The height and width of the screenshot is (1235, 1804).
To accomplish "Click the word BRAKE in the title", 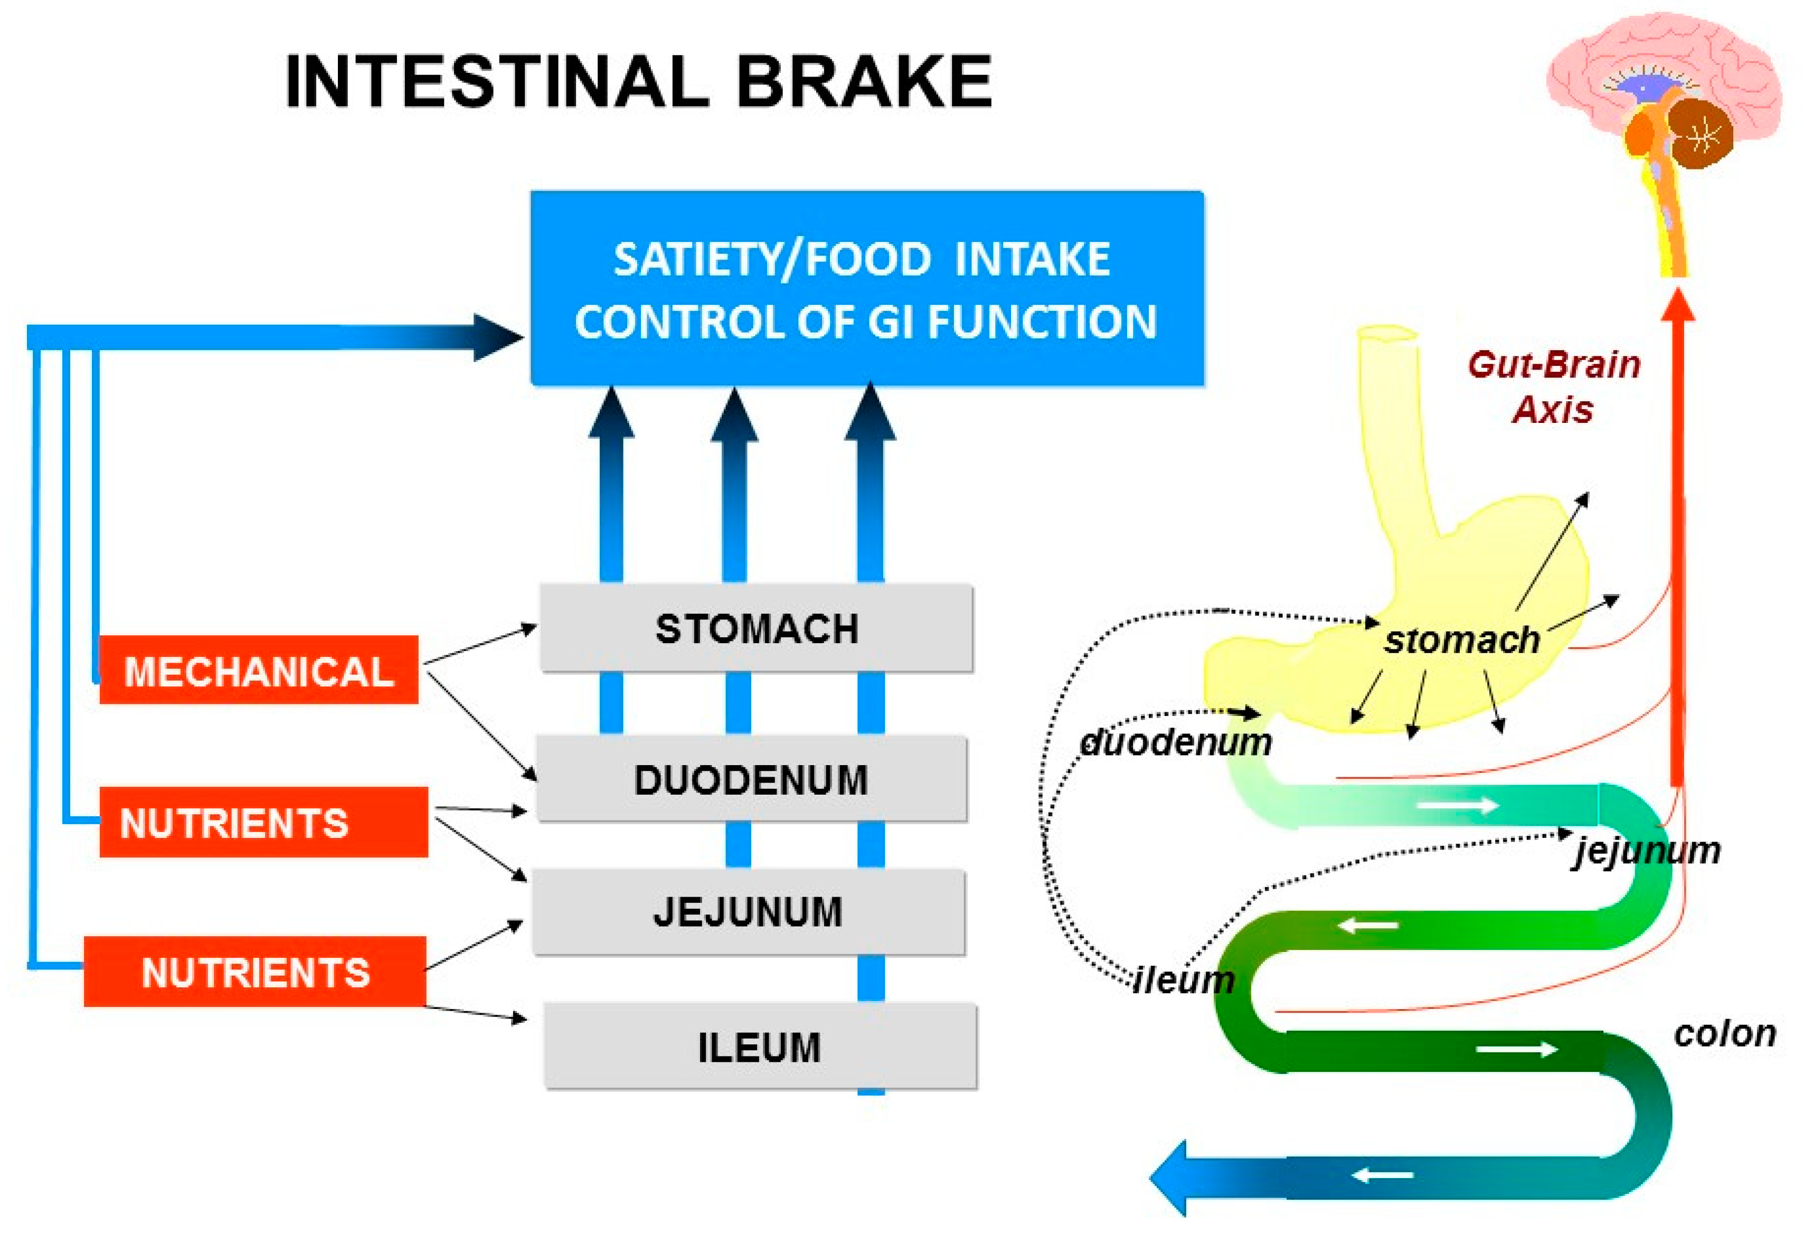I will [863, 81].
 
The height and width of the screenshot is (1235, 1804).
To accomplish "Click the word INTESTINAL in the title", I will [497, 81].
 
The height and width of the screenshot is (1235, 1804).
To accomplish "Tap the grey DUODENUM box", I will [751, 779].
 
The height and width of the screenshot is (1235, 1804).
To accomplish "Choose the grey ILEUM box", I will [759, 1047].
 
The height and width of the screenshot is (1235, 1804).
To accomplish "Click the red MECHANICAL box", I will [259, 671].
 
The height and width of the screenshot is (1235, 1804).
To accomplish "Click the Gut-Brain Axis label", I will [1553, 386].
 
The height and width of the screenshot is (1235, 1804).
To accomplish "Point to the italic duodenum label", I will [1176, 742].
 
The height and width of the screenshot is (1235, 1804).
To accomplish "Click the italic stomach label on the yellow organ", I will [1462, 639].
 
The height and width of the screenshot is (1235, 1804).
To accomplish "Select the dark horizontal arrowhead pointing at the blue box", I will [497, 338].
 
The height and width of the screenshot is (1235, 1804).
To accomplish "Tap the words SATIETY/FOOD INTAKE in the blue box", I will [862, 259].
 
